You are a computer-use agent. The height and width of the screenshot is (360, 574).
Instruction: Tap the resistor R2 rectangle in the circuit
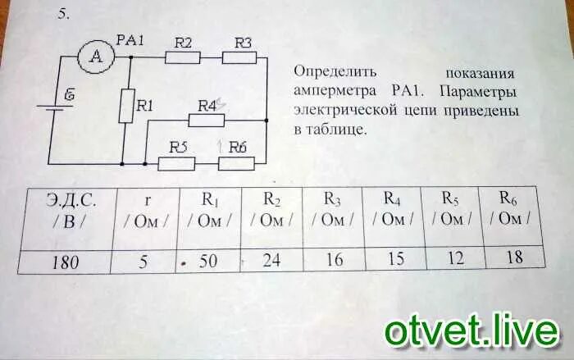182,57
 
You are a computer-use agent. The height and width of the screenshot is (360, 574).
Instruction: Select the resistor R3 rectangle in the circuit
240,57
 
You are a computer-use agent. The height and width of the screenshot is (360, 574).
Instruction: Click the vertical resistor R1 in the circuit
127,106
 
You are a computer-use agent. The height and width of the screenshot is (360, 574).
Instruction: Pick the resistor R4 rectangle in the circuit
206,120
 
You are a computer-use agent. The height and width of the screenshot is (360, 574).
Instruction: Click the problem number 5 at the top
62,15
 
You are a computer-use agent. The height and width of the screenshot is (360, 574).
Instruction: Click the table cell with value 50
208,261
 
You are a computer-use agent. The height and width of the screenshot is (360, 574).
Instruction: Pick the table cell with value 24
271,260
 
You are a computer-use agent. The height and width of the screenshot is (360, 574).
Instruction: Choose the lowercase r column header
148,209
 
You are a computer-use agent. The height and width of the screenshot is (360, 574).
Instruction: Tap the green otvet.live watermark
471,332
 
